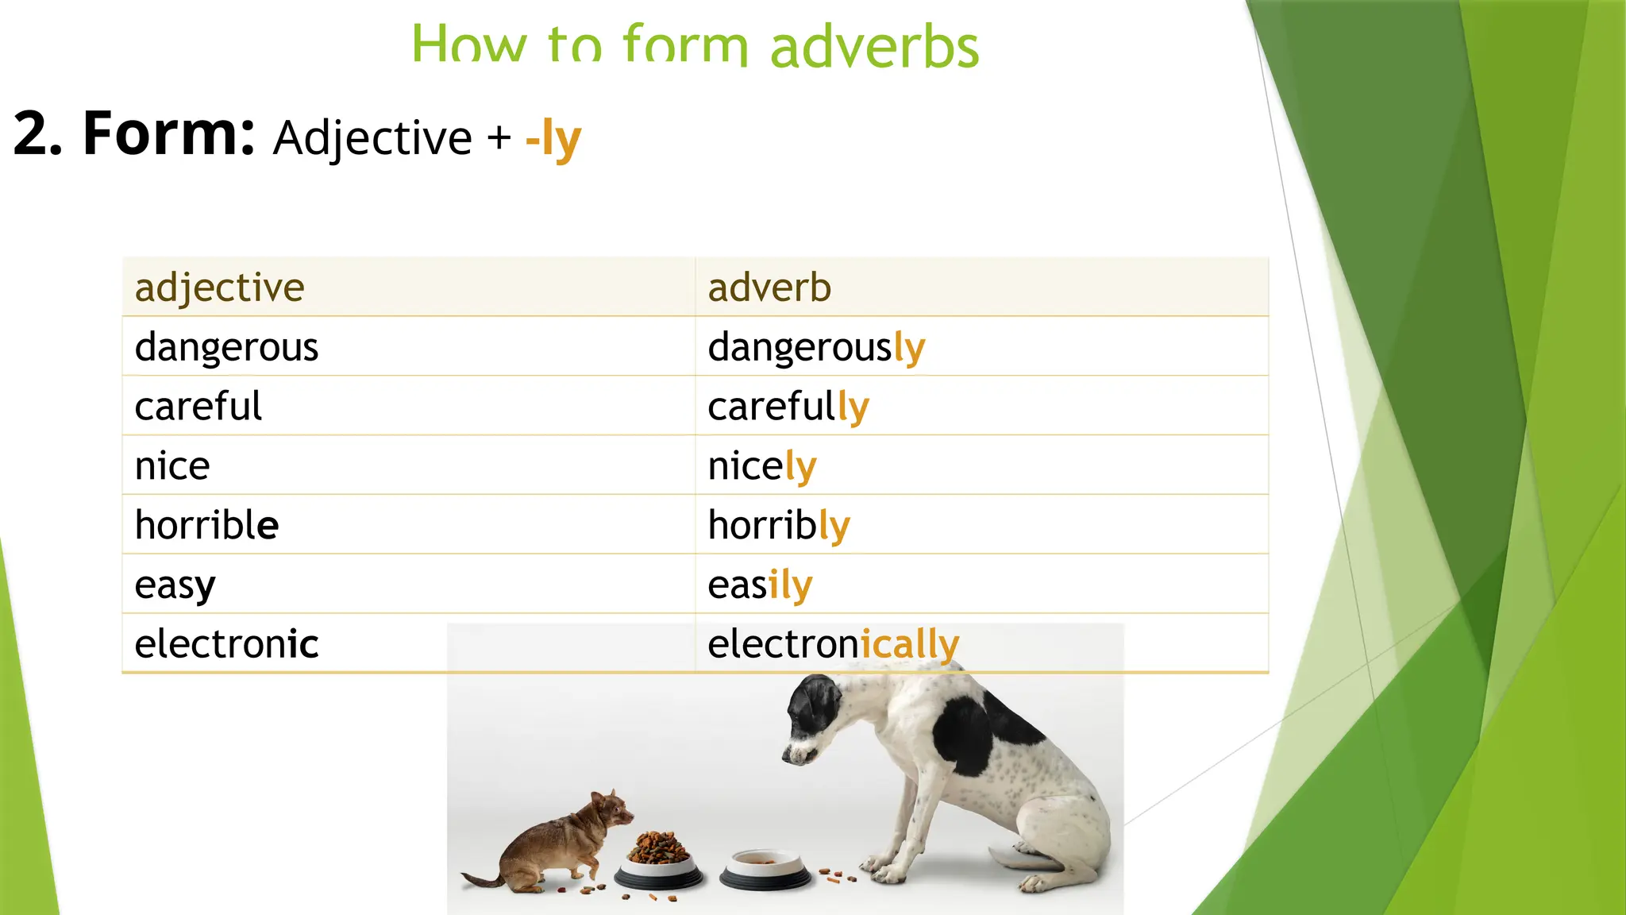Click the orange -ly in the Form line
point(553,140)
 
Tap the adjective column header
point(220,288)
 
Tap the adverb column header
point(769,288)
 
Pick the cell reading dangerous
point(226,347)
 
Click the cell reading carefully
point(788,407)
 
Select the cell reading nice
point(172,466)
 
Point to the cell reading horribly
point(778,526)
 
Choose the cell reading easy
point(175,585)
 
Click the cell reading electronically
point(833,644)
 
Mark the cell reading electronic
point(226,644)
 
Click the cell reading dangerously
point(816,347)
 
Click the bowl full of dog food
point(658,863)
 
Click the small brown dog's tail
point(481,879)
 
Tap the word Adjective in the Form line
point(372,138)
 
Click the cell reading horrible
point(206,526)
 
